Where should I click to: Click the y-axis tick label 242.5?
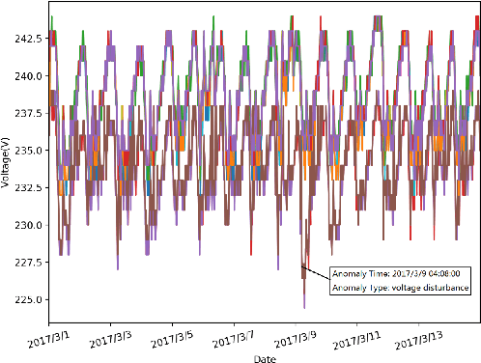(28, 39)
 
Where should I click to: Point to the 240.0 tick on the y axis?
(28, 75)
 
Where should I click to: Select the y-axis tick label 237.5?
(28, 113)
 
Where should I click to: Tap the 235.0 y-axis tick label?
(28, 150)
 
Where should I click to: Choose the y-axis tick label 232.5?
(28, 187)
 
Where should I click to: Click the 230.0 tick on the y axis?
(28, 224)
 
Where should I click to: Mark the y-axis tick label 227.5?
(28, 262)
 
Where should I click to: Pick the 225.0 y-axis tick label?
(28, 298)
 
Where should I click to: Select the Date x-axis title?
(264, 357)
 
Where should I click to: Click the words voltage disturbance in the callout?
(431, 288)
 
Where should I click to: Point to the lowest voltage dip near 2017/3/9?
(304, 308)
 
